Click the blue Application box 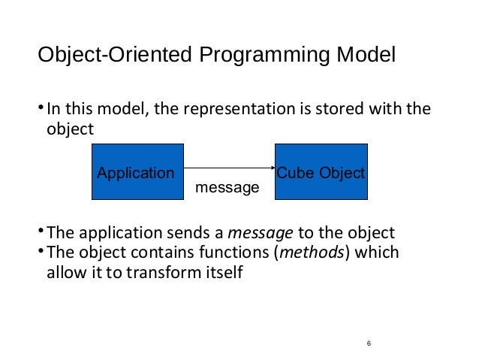(x=137, y=171)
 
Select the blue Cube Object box (x=321, y=171)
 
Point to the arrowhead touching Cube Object (x=272, y=168)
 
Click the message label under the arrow (x=227, y=186)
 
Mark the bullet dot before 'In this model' (x=41, y=110)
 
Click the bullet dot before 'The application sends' (x=41, y=231)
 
